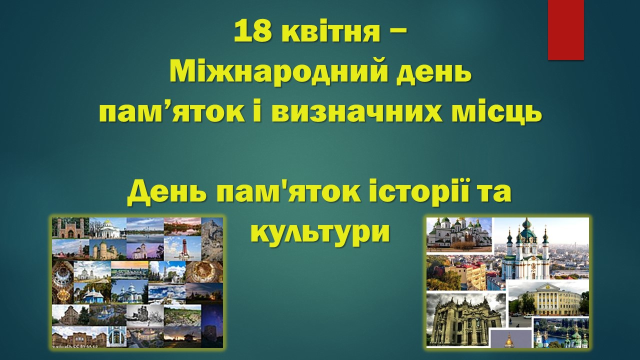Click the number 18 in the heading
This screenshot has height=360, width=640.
pos(252,31)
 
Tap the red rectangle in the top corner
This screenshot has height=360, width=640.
pos(565,30)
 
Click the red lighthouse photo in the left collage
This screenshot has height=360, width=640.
pos(183,248)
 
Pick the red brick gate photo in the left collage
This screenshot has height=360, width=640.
pos(70,228)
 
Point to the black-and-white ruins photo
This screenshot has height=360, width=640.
pos(145,315)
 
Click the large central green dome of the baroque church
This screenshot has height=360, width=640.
pos(527,231)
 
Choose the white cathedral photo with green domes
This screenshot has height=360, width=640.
pos(459,235)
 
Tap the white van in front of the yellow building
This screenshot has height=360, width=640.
pos(528,316)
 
